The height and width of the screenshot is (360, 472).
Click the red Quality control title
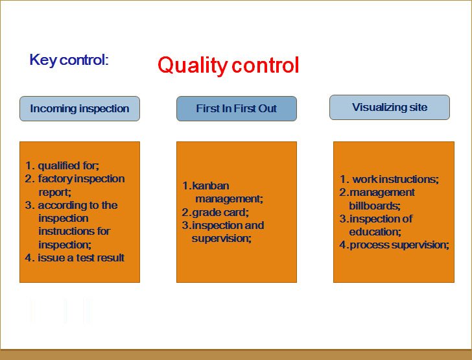coord(228,66)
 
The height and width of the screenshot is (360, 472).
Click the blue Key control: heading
coord(69,60)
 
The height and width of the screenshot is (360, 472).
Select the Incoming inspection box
coord(80,109)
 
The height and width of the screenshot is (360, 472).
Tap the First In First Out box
coord(237,109)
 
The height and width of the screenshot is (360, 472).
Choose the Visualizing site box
coord(390,108)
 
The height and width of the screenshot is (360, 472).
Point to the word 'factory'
coord(55,179)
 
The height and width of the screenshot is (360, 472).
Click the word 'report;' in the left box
coord(54,192)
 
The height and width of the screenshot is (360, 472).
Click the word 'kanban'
coord(211,186)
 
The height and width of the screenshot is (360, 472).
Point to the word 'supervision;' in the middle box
coord(222,238)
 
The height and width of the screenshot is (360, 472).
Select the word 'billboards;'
coord(375,206)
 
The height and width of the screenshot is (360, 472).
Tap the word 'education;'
coord(375,232)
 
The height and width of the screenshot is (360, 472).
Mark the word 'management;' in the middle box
coord(230,199)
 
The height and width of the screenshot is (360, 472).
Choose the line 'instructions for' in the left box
coord(75,232)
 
